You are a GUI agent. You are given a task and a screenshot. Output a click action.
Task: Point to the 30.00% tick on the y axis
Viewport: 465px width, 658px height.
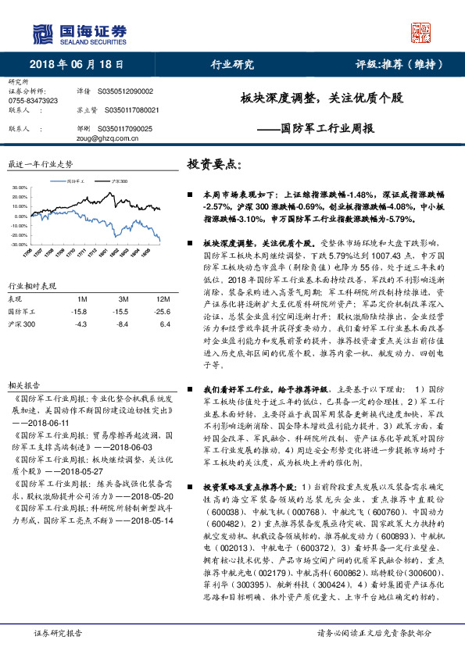pyautogui.click(x=20, y=188)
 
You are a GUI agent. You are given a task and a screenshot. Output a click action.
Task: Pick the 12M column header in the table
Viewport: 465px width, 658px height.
pyautogui.click(x=163, y=299)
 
